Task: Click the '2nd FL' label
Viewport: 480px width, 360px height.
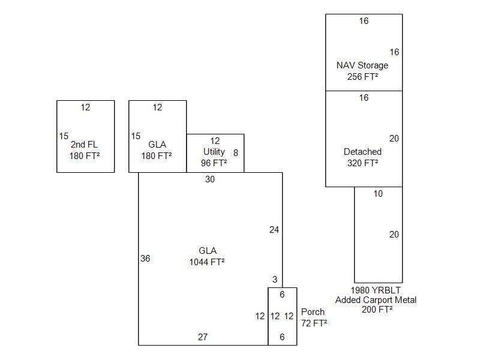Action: [x=84, y=145]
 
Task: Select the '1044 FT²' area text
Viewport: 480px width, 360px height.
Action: [x=207, y=262]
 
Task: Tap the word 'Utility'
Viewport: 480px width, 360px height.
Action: [x=214, y=152]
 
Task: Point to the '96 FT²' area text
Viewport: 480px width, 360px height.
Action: [x=214, y=163]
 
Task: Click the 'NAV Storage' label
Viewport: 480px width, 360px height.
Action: [x=362, y=65]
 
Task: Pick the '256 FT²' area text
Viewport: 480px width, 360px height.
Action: [x=362, y=76]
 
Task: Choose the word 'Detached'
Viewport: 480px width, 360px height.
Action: [x=362, y=152]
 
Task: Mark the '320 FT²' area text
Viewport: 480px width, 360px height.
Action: [x=362, y=163]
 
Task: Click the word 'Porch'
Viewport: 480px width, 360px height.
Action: [x=313, y=312]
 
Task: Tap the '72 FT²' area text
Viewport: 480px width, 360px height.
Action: [x=314, y=323]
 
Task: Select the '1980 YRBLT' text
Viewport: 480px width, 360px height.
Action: [x=376, y=289]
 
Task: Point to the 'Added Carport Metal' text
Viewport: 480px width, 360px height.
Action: [x=376, y=300]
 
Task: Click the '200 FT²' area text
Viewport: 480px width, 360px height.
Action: [x=377, y=310]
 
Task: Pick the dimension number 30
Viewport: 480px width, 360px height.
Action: [x=209, y=179]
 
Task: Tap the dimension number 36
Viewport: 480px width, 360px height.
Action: [x=145, y=259]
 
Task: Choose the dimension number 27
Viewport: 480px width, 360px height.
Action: [x=203, y=337]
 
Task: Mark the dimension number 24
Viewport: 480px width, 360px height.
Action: [x=274, y=230]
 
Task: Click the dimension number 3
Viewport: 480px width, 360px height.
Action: [x=275, y=280]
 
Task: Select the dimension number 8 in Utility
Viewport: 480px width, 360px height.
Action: [x=236, y=153]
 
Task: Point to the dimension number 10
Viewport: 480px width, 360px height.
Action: [x=378, y=194]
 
